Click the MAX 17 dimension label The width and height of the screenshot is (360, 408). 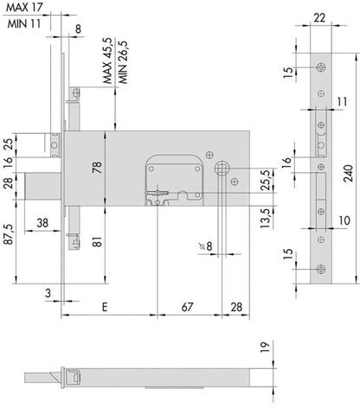pos(24,8)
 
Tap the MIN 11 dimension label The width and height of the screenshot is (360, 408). pos(24,23)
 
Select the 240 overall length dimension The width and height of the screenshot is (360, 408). pos(349,173)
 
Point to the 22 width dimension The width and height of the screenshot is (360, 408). pos(319,18)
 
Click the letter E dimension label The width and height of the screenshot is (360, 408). pos(105,307)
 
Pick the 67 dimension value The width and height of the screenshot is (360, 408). pos(187,307)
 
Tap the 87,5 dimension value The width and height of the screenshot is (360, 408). pos(9,234)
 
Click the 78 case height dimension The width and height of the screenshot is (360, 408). pos(97,167)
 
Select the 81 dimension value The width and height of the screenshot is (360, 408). pos(98,241)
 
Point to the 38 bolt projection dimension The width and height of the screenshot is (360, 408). pos(42,223)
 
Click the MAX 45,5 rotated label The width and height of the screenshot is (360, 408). pos(107,61)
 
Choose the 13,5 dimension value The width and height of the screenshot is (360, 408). pos(266,218)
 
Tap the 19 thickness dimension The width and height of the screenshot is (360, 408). pos(265,347)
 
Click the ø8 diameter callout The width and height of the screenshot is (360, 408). pos(206,246)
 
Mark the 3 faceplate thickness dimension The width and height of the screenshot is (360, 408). pos(48,293)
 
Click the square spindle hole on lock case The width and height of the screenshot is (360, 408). pos(222,168)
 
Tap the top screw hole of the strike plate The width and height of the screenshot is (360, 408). pos(321,67)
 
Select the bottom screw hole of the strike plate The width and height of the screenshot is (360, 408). pos(321,269)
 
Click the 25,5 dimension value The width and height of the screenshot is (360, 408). pos(266,180)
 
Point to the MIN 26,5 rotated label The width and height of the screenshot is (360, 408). pos(123,62)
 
